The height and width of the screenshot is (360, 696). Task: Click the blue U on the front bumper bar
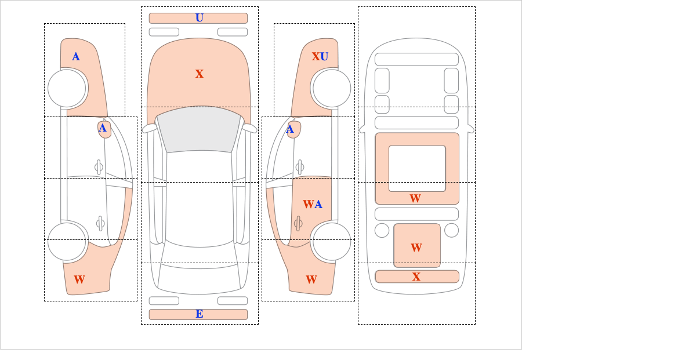[200, 18]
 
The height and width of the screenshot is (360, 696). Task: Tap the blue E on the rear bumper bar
[200, 314]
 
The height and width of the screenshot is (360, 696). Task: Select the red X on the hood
[200, 74]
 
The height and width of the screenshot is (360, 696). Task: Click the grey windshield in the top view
[199, 129]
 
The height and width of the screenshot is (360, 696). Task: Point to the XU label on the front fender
[320, 57]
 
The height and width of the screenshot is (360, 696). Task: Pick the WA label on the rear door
[313, 205]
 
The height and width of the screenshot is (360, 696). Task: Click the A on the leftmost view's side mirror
[103, 128]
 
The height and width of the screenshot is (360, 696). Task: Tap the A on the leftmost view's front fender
[76, 57]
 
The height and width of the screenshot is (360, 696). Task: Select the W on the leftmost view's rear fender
[79, 279]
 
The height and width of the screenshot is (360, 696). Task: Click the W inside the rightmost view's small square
[416, 248]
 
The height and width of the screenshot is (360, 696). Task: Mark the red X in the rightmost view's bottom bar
[416, 277]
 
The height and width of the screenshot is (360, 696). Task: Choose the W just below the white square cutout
[415, 198]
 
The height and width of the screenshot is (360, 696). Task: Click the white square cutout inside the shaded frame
[417, 168]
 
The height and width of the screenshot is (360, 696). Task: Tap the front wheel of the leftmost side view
[67, 89]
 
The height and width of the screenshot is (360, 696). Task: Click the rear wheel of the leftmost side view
[67, 241]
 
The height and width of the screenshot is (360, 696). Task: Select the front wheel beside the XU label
[332, 89]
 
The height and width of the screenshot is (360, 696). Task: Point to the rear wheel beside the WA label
[332, 241]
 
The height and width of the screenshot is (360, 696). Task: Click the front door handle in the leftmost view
[99, 168]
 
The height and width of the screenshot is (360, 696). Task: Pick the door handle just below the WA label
[298, 223]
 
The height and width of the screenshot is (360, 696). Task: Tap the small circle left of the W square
[382, 231]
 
